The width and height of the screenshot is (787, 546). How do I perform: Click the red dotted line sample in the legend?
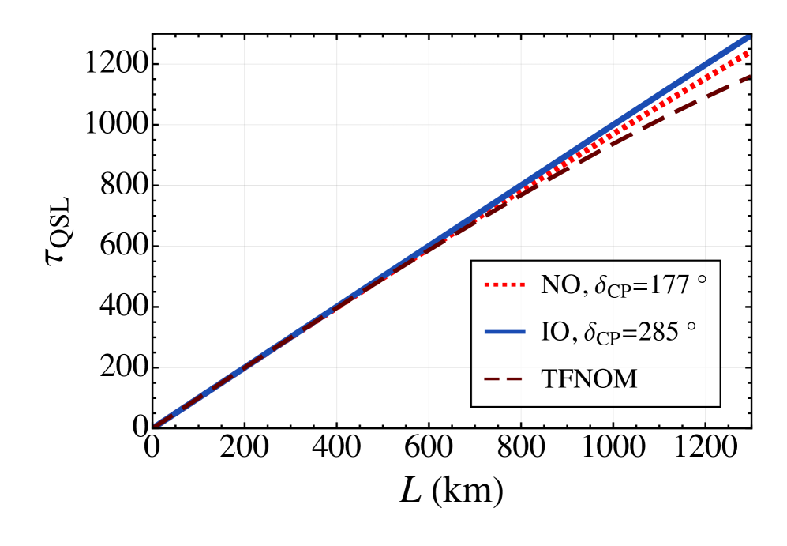[504, 284]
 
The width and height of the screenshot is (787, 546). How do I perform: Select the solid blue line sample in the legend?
[504, 333]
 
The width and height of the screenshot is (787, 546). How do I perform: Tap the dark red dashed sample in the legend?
[504, 380]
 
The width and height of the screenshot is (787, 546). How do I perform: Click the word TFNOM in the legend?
[589, 380]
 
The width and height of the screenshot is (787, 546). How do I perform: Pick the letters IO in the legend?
[554, 333]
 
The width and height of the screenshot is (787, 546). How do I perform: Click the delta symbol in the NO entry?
[600, 284]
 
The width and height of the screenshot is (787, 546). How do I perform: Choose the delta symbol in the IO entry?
[589, 332]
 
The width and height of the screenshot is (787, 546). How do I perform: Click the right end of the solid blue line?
[746, 38]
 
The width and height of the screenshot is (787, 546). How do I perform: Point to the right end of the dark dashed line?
[746, 77]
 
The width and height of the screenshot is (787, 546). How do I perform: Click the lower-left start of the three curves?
[158, 425]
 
